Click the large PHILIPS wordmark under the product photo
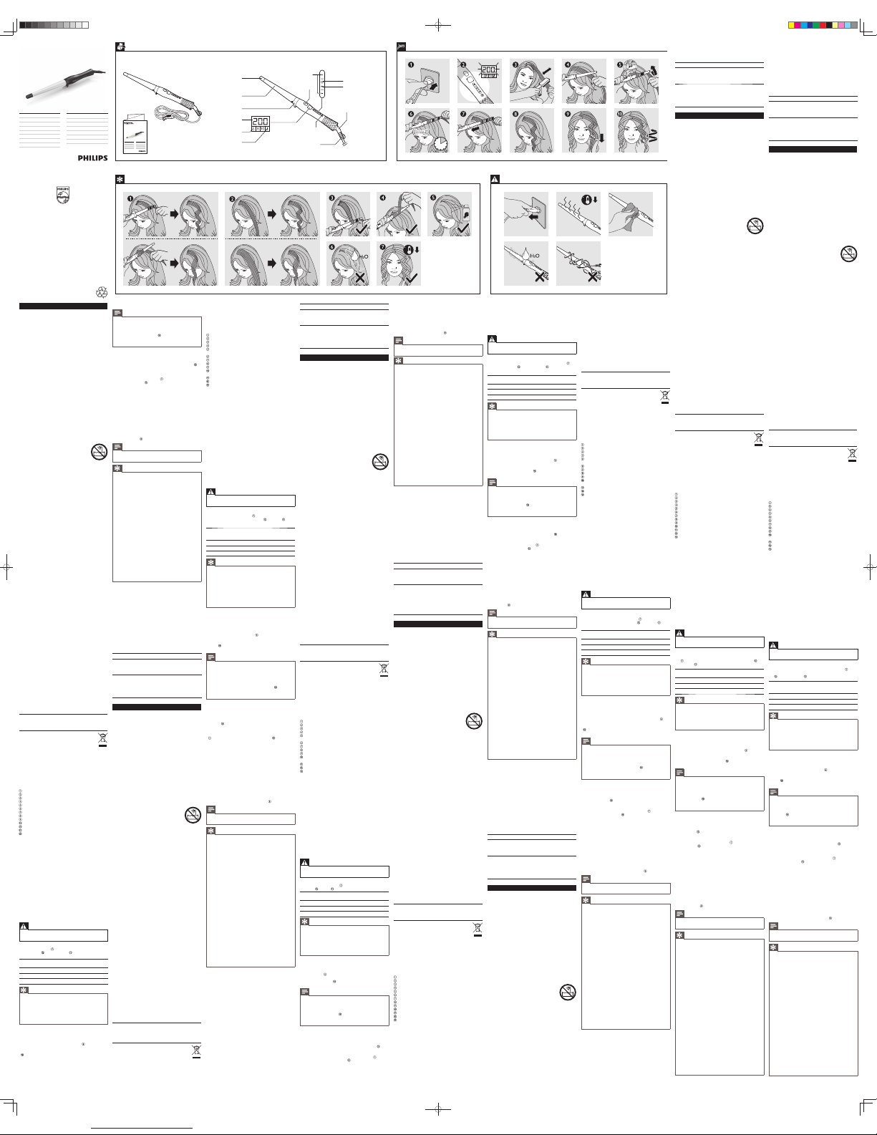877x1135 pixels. pos(92,158)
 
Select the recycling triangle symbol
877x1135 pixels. pos(101,292)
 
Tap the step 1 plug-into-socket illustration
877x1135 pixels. pos(427,82)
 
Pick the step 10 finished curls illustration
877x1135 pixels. pos(636,130)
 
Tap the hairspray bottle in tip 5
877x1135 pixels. pos(466,213)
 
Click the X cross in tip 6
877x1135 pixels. pos(362,276)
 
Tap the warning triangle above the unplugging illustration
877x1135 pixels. pos(495,178)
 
